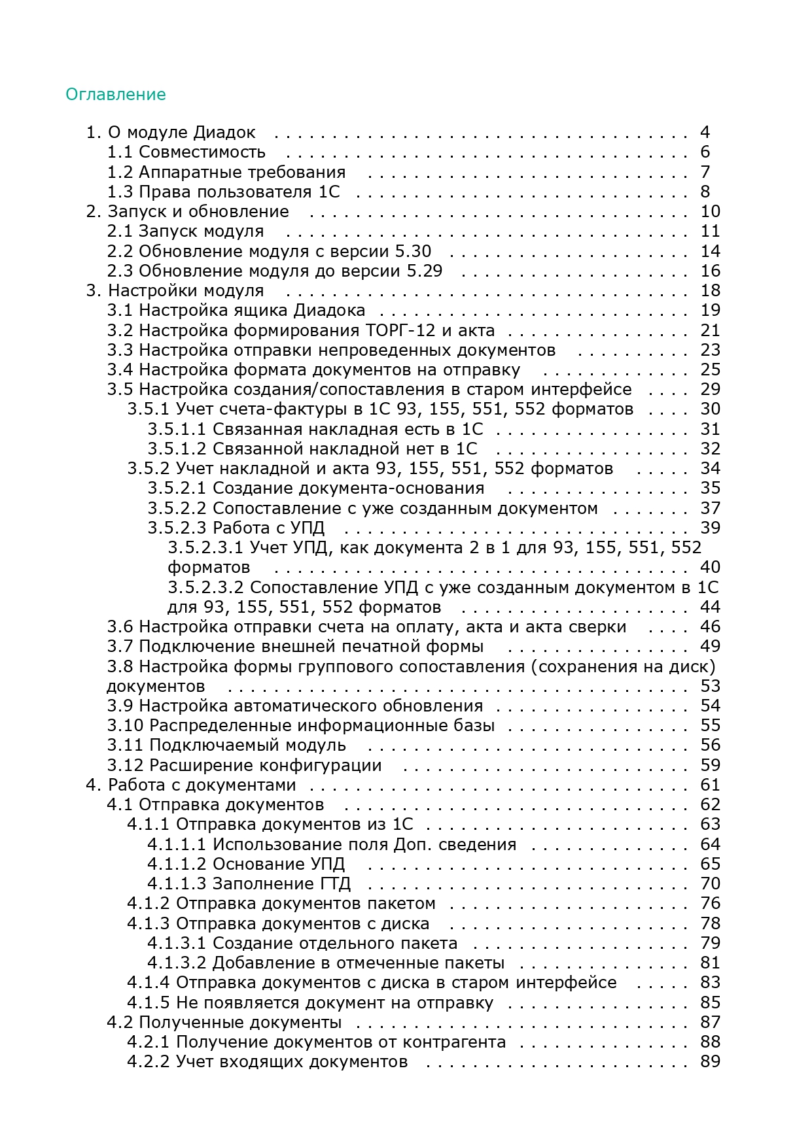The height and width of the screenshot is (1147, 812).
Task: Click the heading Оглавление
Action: click(x=116, y=95)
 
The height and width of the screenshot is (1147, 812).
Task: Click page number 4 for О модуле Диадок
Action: click(x=705, y=133)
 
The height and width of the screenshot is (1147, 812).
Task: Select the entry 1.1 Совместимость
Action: click(x=186, y=152)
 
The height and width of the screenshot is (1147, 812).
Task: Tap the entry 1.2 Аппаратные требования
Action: click(x=226, y=172)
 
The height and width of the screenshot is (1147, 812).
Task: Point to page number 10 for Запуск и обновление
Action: click(x=710, y=212)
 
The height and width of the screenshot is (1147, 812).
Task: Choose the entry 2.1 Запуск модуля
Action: click(x=186, y=231)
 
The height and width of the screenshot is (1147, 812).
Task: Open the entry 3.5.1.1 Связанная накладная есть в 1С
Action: click(x=315, y=429)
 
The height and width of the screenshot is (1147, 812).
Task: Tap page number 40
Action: click(x=710, y=568)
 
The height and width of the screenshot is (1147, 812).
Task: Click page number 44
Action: click(x=710, y=607)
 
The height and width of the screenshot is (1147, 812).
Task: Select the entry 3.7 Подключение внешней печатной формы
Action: click(x=296, y=647)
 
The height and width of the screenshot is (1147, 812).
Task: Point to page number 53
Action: click(x=710, y=686)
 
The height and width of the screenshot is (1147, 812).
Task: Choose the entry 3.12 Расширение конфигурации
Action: click(x=245, y=765)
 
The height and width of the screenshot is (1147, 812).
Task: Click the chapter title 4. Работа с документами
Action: click(x=191, y=785)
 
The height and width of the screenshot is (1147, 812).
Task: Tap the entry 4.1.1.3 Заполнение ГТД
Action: click(x=249, y=883)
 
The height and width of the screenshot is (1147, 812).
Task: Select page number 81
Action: click(x=710, y=963)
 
